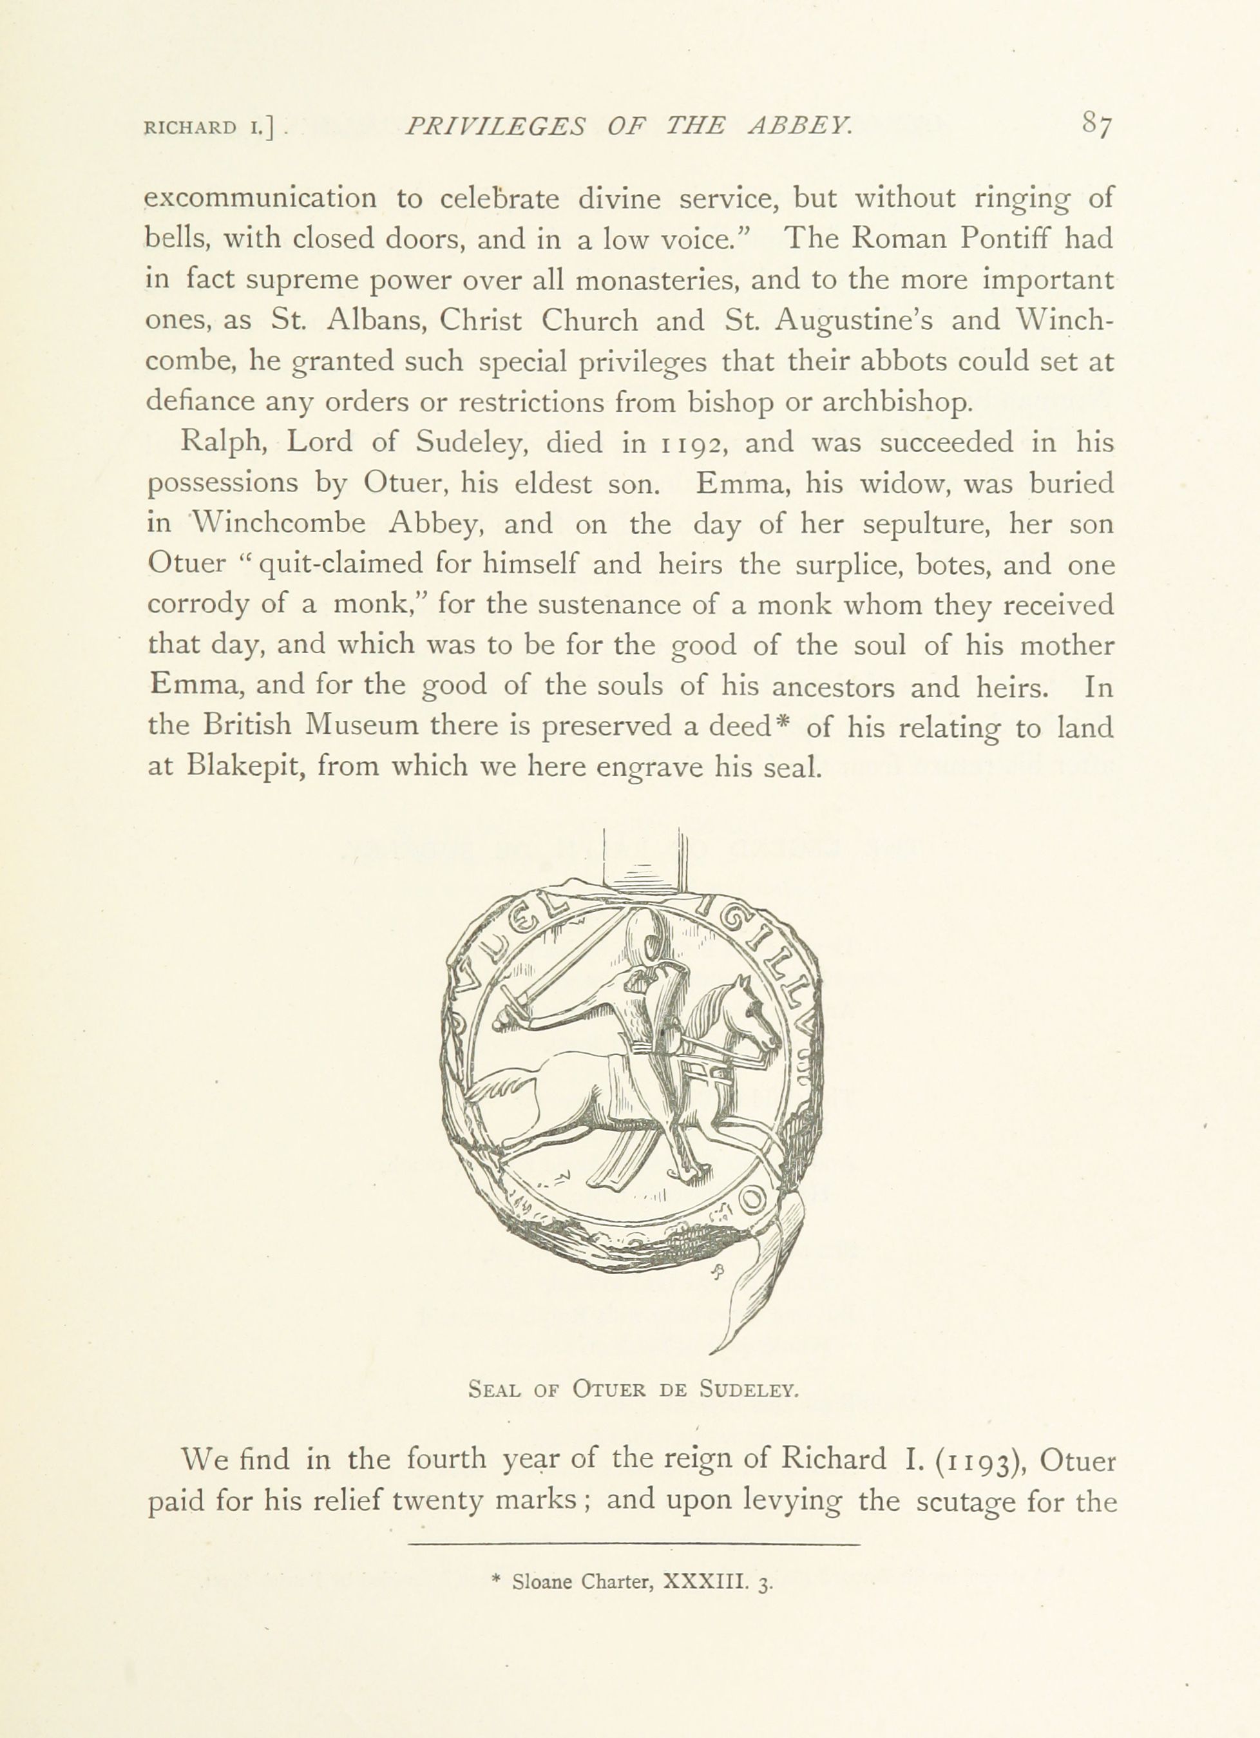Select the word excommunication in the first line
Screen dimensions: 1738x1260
click(262, 198)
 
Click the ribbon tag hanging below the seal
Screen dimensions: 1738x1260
click(762, 1272)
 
